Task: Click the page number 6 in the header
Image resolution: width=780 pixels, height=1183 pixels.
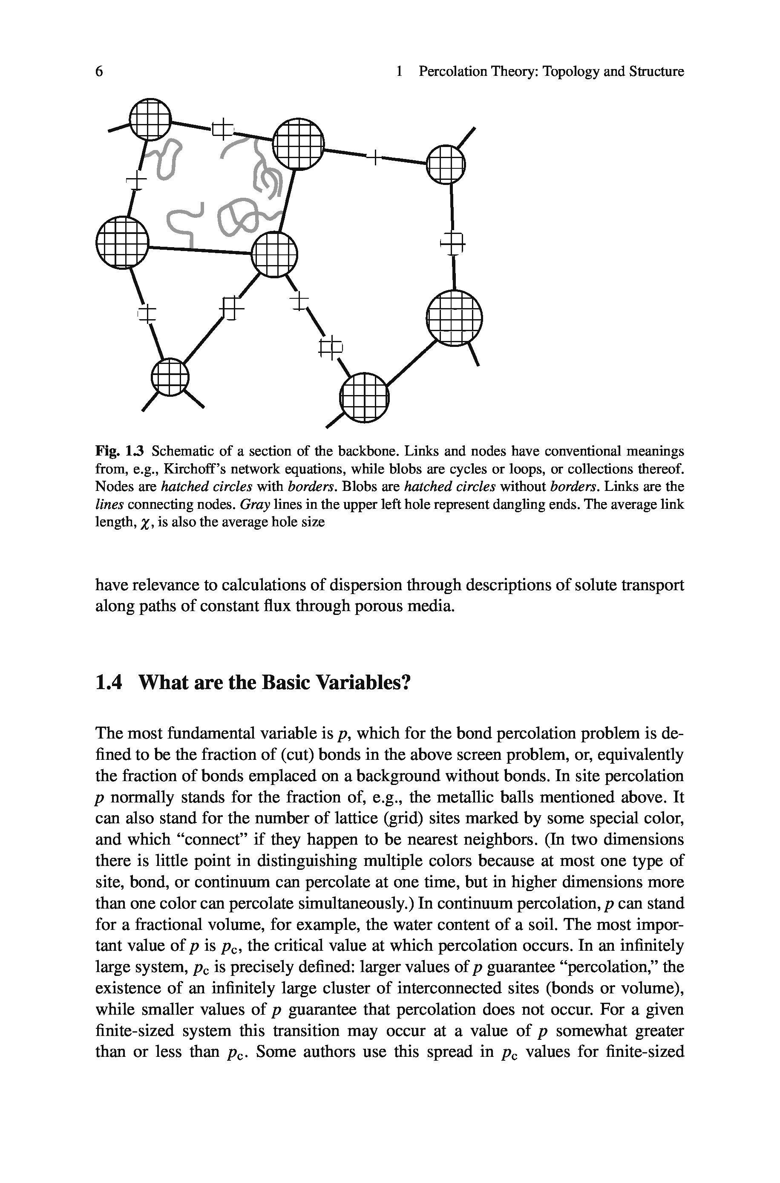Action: (x=100, y=72)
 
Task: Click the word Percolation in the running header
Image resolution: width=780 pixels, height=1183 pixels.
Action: (x=453, y=72)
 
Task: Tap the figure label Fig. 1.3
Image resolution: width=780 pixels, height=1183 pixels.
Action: (x=119, y=451)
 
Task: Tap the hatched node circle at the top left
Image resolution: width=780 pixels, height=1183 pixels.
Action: (x=149, y=119)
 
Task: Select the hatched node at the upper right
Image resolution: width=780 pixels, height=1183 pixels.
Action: (x=445, y=164)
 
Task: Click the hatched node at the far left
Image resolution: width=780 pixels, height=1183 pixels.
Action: (x=122, y=243)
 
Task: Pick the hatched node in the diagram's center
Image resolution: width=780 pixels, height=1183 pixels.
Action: (x=275, y=255)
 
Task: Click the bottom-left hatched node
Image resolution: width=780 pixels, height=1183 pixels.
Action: (x=170, y=377)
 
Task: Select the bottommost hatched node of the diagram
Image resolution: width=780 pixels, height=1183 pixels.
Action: (x=364, y=398)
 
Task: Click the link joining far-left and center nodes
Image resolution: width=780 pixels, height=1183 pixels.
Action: (x=199, y=250)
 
